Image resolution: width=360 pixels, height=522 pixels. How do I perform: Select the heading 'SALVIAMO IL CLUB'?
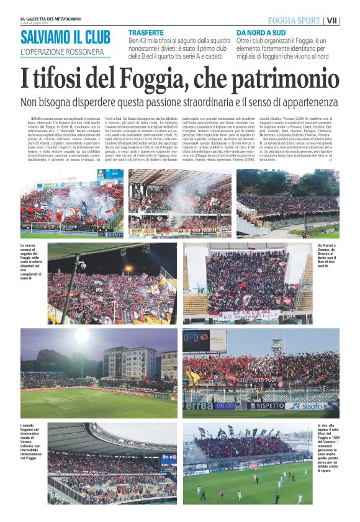(x=65, y=37)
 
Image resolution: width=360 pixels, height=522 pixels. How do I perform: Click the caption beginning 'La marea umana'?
(x=31, y=261)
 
